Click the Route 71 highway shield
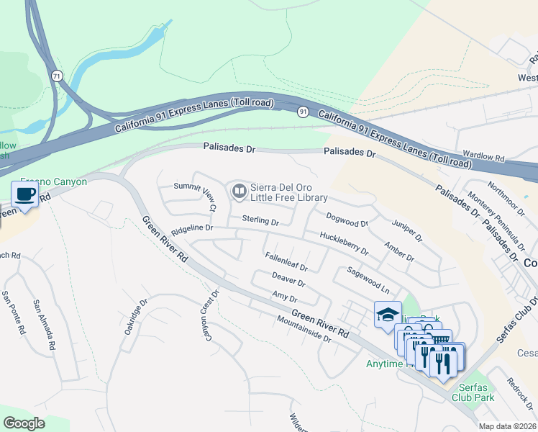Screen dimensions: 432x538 tap(57, 75)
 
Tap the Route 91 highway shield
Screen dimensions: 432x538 tap(304, 111)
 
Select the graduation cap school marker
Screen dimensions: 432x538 tap(387, 315)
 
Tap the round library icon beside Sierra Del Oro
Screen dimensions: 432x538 tap(238, 191)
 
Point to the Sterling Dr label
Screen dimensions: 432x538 tap(260, 220)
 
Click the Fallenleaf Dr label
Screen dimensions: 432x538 tap(286, 261)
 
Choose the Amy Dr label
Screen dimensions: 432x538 tap(285, 296)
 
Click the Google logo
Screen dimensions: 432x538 tap(24, 423)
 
